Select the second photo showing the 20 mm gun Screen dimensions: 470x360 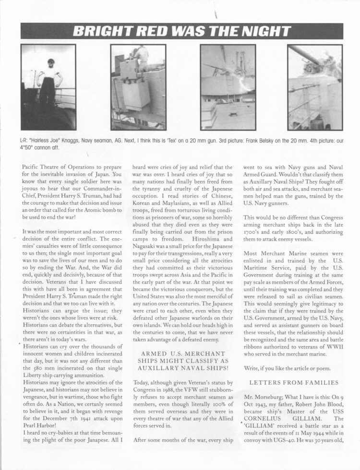click(138, 87)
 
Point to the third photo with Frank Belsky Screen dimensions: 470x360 click(228, 87)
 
